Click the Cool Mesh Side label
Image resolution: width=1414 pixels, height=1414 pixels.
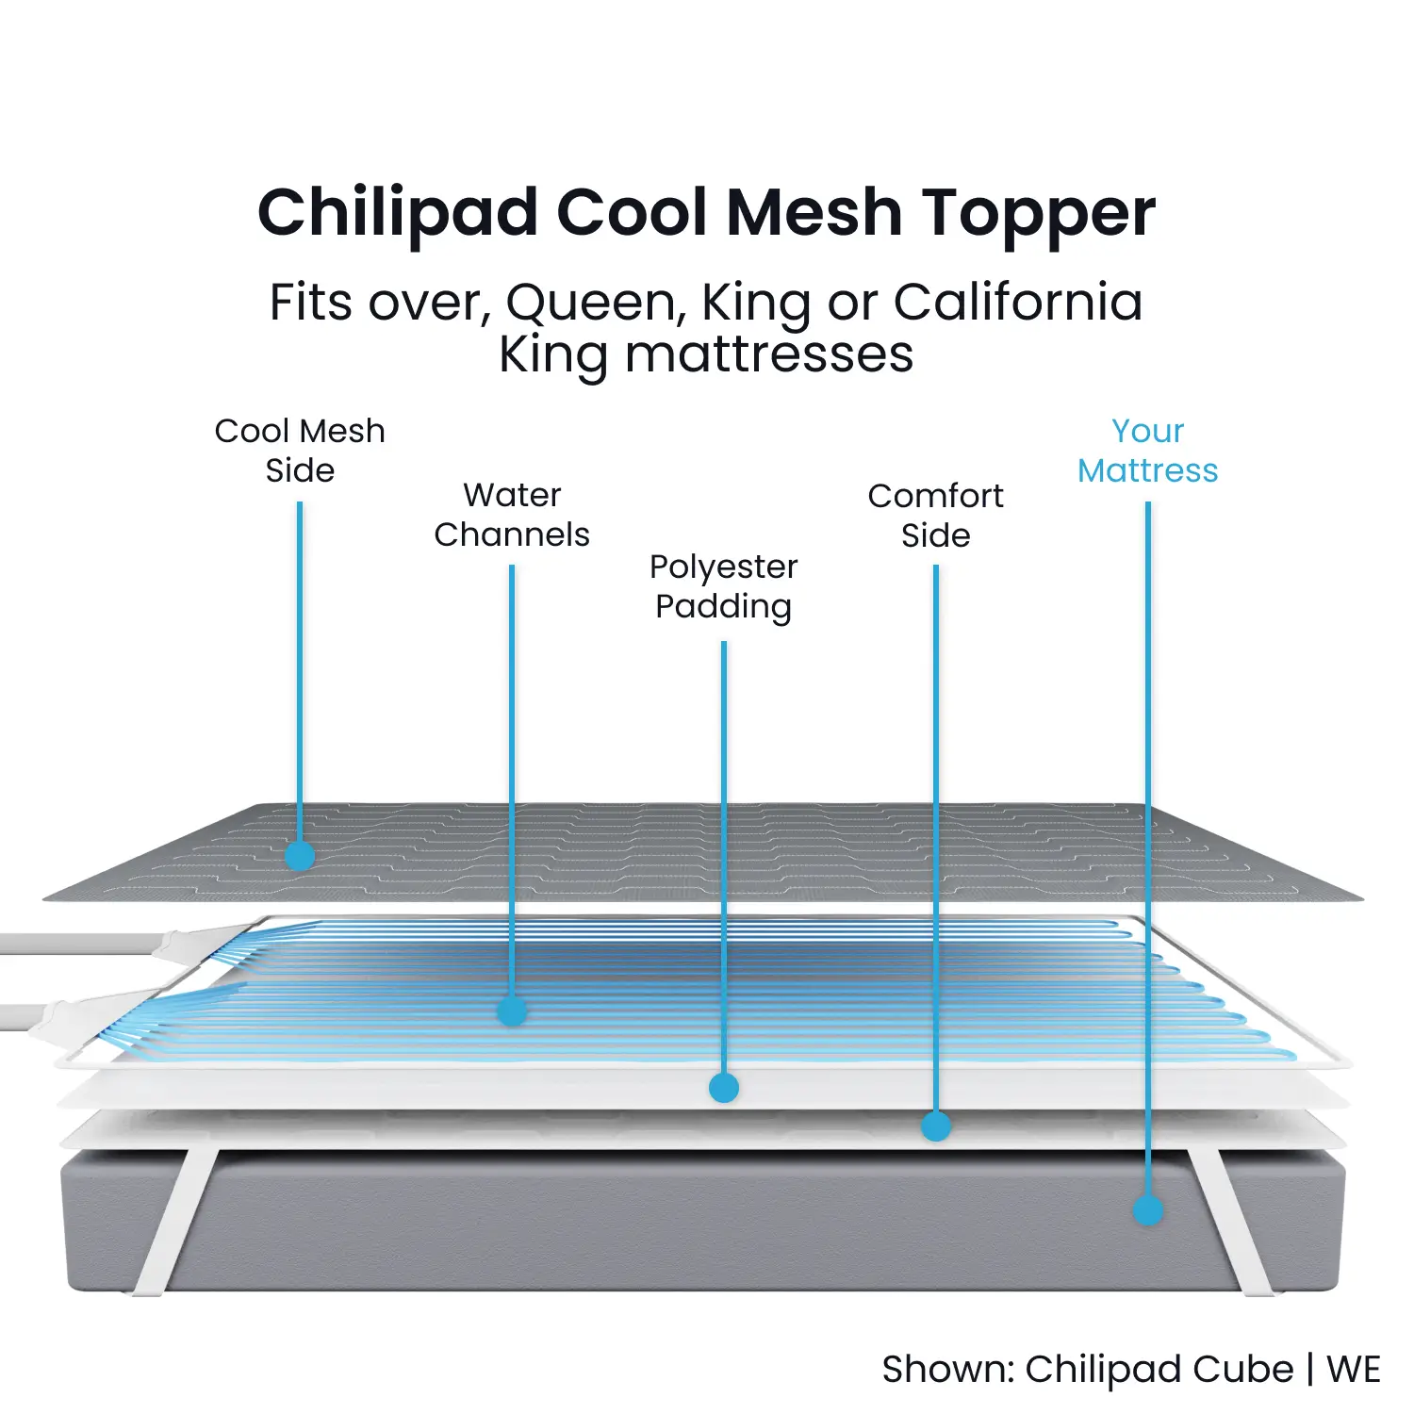(x=300, y=451)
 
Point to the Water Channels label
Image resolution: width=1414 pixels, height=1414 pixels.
(x=512, y=515)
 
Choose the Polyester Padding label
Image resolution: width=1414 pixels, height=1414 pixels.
(x=724, y=587)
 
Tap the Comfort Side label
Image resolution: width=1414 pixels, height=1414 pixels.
(x=936, y=515)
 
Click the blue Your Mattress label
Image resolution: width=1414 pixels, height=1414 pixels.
(x=1148, y=451)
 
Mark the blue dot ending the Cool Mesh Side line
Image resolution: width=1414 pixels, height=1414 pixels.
(x=300, y=856)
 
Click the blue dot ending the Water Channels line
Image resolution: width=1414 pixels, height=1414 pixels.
(x=512, y=1011)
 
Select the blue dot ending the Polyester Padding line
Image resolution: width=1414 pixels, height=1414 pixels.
(x=724, y=1088)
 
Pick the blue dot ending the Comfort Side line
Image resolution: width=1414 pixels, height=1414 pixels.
(x=936, y=1126)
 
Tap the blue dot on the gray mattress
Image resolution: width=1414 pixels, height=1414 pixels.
(x=1148, y=1210)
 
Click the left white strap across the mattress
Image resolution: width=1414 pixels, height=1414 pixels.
(x=176, y=1221)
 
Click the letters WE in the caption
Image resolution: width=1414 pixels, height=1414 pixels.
(x=1354, y=1370)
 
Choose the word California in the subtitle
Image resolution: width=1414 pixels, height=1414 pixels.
(x=1018, y=304)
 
